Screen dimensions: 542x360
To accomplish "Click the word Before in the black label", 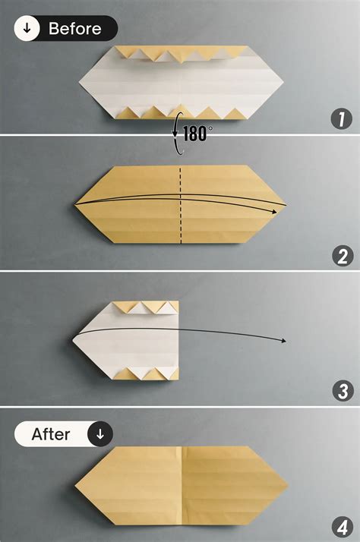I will pos(74,30).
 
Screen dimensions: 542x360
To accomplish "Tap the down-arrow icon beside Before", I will pos(27,30).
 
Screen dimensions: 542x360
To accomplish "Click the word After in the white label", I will pos(51,435).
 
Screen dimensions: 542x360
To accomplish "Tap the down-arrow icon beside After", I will pos(99,435).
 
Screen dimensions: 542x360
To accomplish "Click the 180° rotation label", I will pos(199,134).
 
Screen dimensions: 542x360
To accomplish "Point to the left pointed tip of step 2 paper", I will pos(75,204).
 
